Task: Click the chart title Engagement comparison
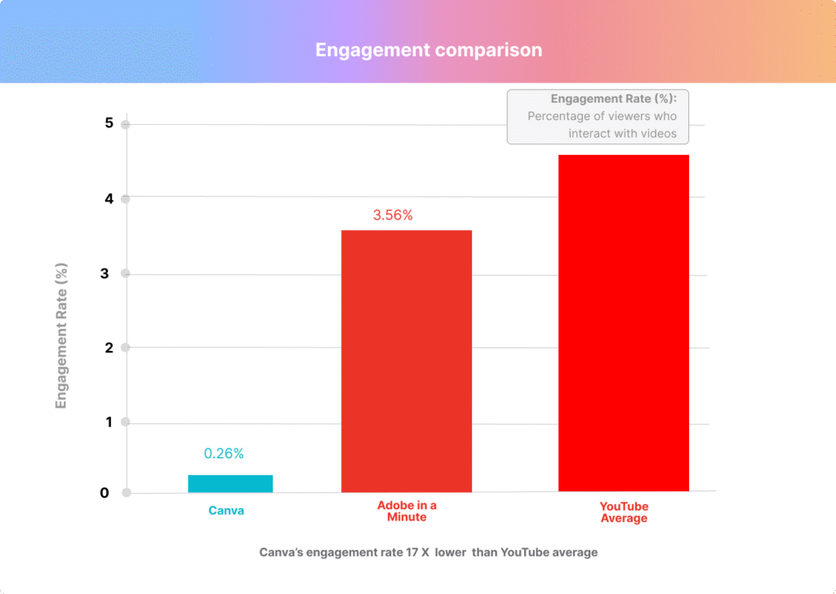[429, 50]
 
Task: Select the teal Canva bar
[230, 483]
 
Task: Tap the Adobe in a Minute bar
[407, 361]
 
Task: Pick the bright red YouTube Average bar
[624, 323]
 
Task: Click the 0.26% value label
[224, 454]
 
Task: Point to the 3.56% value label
[393, 215]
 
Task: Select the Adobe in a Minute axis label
[407, 512]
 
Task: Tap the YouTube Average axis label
[624, 512]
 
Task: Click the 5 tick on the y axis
[109, 123]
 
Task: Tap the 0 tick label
[105, 492]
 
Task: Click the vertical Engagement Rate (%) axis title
[61, 335]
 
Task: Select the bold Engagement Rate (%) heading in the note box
[619, 99]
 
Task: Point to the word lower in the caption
[451, 552]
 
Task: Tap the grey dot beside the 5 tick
[126, 125]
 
